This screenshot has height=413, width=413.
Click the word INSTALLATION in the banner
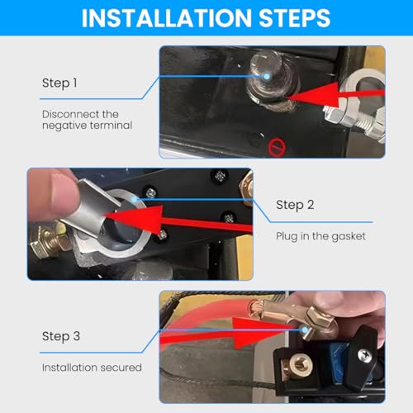coord(167,18)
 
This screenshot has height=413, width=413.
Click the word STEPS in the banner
coord(295,18)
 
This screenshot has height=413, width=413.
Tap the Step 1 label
coord(59,83)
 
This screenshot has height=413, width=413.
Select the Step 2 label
coord(295,205)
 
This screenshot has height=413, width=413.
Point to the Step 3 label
coord(61,336)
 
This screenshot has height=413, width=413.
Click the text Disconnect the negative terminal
coord(87,120)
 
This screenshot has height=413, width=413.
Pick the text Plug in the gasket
coord(320,236)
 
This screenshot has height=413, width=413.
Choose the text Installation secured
coord(92,368)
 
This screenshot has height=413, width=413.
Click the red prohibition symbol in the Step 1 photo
coord(277,147)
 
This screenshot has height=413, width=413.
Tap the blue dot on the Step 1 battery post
coord(267,77)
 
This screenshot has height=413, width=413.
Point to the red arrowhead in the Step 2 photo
coord(135,219)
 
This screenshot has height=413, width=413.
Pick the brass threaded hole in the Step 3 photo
coord(299,365)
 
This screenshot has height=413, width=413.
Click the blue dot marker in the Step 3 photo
coord(305,330)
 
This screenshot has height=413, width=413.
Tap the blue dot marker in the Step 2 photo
coord(135,199)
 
